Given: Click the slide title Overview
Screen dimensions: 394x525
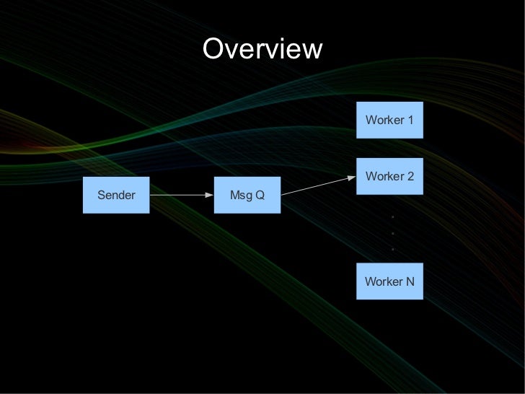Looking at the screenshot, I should click(262, 50).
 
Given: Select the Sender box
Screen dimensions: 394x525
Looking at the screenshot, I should click(116, 195).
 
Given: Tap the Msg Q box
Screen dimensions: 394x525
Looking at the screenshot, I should click(247, 195).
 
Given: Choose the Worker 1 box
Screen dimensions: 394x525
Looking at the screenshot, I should click(389, 120).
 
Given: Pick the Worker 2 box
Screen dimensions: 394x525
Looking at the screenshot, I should click(389, 177).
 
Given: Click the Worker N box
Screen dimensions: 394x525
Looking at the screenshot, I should click(389, 281).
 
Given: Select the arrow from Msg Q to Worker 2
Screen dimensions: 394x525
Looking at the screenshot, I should click(318, 185).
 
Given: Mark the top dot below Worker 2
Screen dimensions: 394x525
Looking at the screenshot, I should click(392, 217).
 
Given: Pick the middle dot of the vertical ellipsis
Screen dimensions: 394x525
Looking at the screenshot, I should click(392, 233).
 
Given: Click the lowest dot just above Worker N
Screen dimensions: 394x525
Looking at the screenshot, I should click(392, 250).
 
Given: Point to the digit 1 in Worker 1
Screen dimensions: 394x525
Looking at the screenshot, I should click(410, 120).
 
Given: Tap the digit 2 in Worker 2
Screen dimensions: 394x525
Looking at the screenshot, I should click(410, 177).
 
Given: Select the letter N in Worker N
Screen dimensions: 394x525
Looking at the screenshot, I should click(410, 281).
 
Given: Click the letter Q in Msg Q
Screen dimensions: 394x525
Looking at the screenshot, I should click(260, 195).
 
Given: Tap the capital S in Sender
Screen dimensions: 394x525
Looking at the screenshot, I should click(101, 195).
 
